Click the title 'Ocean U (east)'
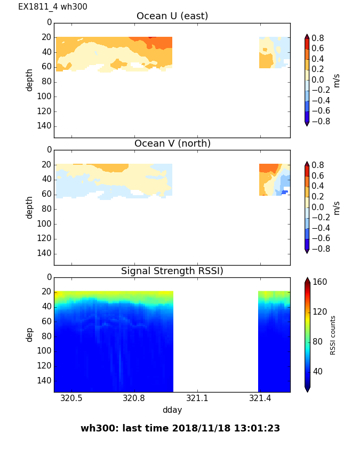click(172, 16)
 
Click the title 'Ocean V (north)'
click(172, 143)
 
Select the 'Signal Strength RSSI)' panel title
click(172, 271)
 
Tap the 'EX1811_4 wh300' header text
click(53, 7)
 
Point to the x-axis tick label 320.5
click(71, 398)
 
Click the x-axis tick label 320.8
click(134, 398)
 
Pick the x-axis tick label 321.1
click(197, 398)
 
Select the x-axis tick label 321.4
click(260, 398)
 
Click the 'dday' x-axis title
click(172, 410)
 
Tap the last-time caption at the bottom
click(180, 428)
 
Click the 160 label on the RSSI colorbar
click(320, 282)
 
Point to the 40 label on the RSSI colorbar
click(318, 371)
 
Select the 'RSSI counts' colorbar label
click(333, 335)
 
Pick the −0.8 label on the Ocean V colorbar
click(320, 249)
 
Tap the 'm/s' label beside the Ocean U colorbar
click(336, 80)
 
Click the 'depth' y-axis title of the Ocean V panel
click(30, 207)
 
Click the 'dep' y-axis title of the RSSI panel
click(30, 334)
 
